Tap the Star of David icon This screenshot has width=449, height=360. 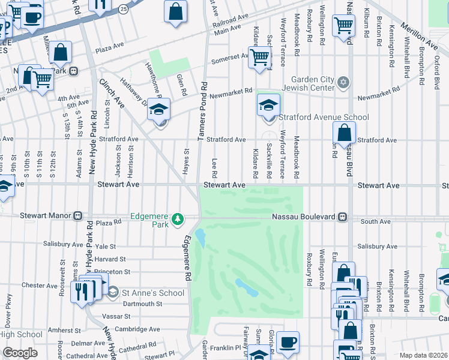coord(343,82)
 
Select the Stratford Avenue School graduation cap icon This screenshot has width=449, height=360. coord(268,105)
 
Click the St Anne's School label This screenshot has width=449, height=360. coord(153,293)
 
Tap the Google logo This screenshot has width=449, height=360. coord(20,352)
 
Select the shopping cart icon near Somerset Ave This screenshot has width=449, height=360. coord(259,58)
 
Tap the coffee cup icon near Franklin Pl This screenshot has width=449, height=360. coord(288,342)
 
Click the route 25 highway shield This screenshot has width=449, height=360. coord(122,9)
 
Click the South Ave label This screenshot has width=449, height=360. coord(376,221)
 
